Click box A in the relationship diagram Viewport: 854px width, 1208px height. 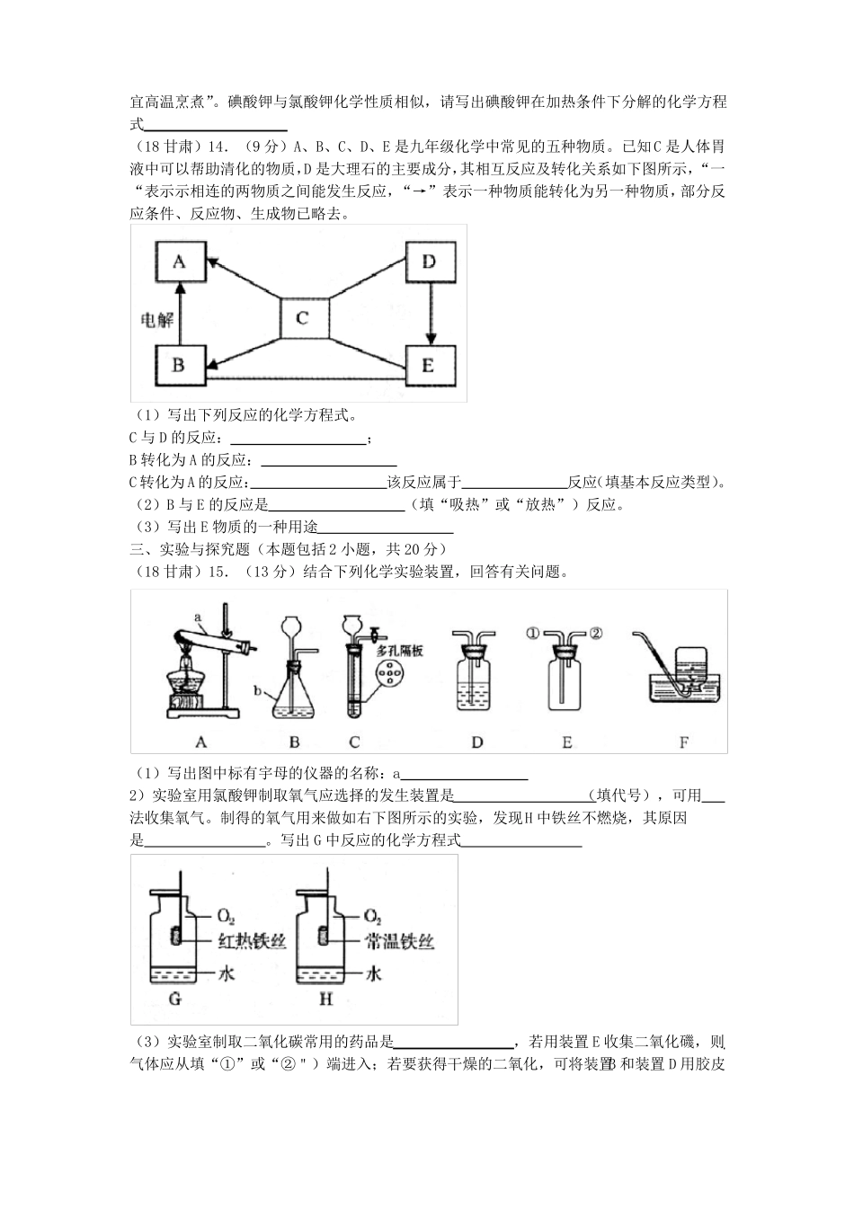pyautogui.click(x=179, y=262)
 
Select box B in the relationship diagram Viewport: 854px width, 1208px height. pyautogui.click(x=179, y=365)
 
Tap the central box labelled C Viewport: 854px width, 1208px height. pyautogui.click(x=303, y=318)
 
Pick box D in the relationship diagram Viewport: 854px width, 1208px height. pyautogui.click(x=429, y=262)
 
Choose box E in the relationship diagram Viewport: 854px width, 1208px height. pyautogui.click(x=429, y=365)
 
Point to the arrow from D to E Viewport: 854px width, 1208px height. pyautogui.click(x=431, y=314)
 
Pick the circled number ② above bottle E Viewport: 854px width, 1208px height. pyautogui.click(x=594, y=633)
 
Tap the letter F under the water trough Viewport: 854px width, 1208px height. pyautogui.click(x=684, y=742)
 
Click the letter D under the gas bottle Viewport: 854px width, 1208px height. pyautogui.click(x=476, y=742)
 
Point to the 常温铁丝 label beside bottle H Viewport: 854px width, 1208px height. pyautogui.click(x=401, y=941)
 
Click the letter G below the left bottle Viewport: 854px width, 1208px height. pyautogui.click(x=175, y=999)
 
